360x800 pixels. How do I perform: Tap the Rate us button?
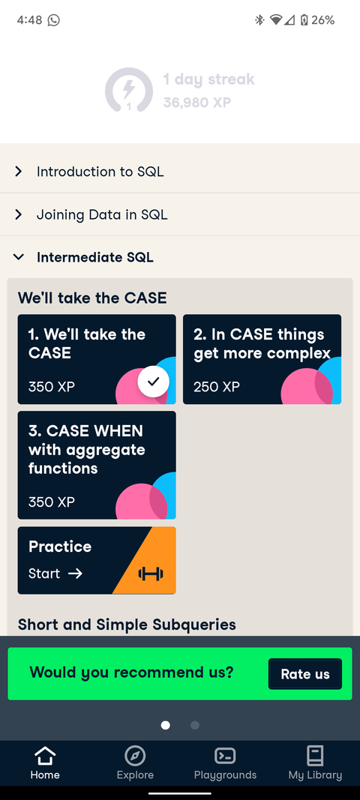[x=304, y=673]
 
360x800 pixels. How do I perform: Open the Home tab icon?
[x=45, y=755]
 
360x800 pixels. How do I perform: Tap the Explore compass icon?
[x=135, y=755]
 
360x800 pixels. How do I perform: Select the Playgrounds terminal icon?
[x=225, y=755]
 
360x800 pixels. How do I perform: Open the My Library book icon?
[x=315, y=755]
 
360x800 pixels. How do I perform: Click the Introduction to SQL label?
[x=100, y=172]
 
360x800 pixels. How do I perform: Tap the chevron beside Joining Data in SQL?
[x=19, y=214]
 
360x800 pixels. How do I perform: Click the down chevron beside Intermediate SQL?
[x=19, y=257]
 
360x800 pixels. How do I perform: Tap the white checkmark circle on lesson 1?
[x=154, y=382]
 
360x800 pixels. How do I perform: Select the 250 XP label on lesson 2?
[x=217, y=387]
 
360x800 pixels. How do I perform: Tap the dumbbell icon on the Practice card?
[x=151, y=574]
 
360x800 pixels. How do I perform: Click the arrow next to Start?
[x=75, y=574]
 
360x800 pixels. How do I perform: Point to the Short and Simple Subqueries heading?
[x=127, y=625]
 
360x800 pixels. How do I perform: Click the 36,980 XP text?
[x=196, y=103]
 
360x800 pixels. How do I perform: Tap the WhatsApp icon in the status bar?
[x=53, y=20]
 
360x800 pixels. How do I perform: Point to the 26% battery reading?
[x=322, y=20]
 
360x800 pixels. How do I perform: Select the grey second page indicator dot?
[x=195, y=725]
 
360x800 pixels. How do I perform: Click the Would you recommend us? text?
[x=131, y=673]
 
